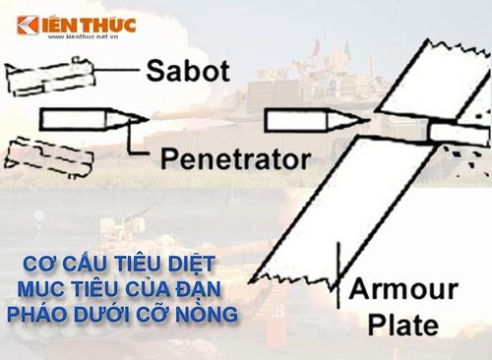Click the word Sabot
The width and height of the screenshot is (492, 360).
pos(188,71)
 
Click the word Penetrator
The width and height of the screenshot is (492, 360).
pos(235,159)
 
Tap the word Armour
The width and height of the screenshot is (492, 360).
pos(403,290)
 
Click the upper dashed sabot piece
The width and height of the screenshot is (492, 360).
pos(50,77)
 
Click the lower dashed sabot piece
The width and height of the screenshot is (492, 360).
pos(49,156)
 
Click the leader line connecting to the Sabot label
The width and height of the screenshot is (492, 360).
pos(116,70)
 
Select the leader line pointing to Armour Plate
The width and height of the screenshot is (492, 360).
pos(338,274)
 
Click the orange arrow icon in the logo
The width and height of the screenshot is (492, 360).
pos(29,25)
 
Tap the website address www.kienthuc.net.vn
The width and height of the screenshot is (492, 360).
pos(83,37)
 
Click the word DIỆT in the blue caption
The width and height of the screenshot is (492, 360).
pos(191,265)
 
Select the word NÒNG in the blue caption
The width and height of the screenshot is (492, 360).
pos(207,314)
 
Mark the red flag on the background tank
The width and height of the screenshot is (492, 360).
pos(317,46)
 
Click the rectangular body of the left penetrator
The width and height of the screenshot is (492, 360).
pos(73,119)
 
